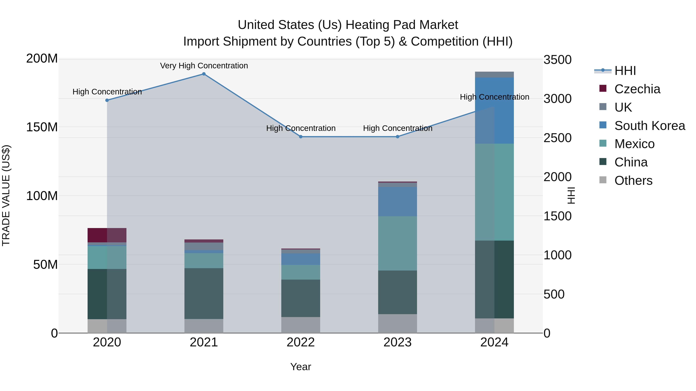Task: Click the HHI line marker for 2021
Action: [204, 74]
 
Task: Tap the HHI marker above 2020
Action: [107, 100]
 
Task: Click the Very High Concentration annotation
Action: [204, 66]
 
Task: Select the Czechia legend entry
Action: [637, 89]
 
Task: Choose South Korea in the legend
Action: [650, 126]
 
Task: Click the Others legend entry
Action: [633, 181]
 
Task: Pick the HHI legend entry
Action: [625, 71]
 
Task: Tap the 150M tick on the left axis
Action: [42, 127]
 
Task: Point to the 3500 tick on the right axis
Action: [557, 60]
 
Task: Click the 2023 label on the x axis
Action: [397, 342]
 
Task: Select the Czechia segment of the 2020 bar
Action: [107, 235]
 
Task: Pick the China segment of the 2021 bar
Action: [204, 293]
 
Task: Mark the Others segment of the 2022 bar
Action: [301, 325]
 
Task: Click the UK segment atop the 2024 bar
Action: [494, 75]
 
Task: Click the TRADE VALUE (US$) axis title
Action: [6, 195]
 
